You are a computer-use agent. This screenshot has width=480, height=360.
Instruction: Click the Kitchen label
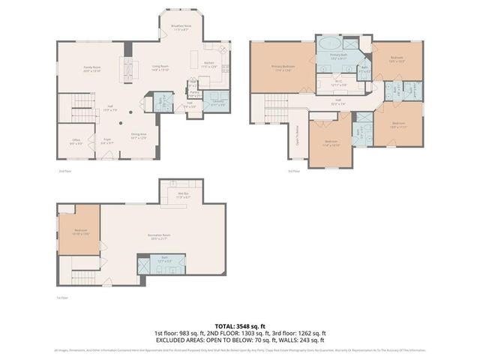tap(210, 65)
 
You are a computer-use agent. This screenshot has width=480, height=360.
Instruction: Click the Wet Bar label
tap(182, 196)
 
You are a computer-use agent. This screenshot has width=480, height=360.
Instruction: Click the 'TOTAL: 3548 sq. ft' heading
tap(240, 326)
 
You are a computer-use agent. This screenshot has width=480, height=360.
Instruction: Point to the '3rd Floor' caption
tap(293, 172)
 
